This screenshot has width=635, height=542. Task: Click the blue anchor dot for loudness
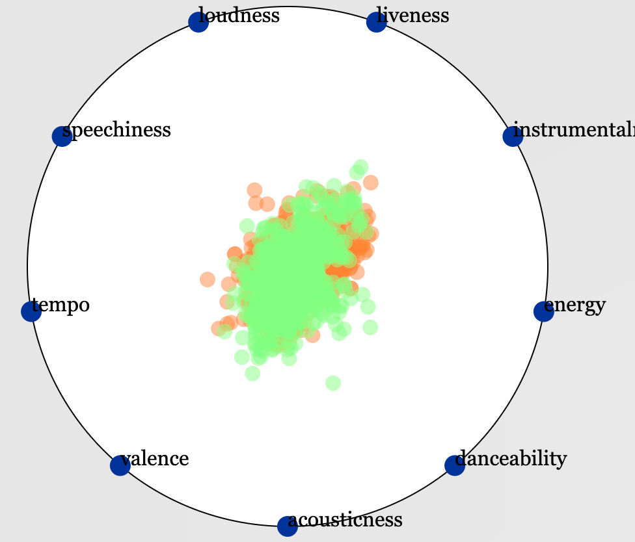198,22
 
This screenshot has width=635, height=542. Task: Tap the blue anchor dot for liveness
376,22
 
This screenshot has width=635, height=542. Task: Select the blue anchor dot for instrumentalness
513,136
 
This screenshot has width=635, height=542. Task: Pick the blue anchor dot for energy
543,312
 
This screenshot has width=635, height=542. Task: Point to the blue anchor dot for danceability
454,465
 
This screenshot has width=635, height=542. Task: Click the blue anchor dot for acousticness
287,526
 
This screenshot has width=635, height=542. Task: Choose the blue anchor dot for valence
120,465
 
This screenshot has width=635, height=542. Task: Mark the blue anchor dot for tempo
31,312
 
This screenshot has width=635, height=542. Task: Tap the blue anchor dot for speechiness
61,136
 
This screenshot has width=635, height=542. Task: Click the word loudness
239,15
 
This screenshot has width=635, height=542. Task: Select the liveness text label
413,15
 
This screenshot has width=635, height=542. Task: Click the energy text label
575,304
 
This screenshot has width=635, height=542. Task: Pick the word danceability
511,459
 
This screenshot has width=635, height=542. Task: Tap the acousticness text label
345,519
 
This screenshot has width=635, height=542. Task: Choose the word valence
155,459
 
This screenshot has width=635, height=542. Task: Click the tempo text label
61,304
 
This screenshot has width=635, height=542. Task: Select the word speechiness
116,130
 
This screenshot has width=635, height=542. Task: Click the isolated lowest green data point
332,383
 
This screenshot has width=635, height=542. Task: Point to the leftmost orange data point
207,279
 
